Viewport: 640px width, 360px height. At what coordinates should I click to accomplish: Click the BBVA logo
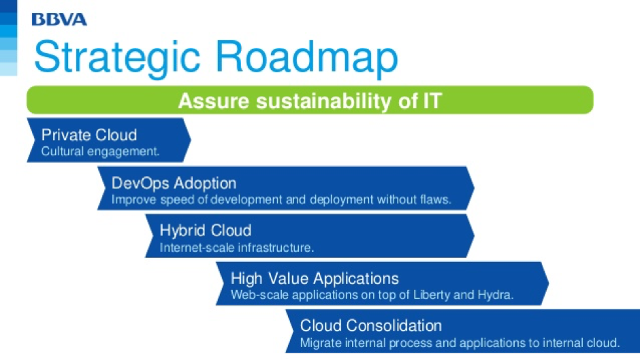click(59, 19)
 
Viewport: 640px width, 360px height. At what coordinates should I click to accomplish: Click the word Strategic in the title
click(118, 58)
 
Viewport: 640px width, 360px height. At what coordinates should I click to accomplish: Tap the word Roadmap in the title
click(306, 58)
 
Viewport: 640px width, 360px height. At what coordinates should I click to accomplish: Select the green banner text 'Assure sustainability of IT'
click(310, 101)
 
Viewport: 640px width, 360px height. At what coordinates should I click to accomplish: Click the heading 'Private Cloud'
click(89, 135)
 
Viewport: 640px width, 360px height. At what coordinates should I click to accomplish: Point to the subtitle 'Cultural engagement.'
click(100, 152)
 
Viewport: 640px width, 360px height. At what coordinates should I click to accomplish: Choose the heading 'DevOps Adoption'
click(174, 183)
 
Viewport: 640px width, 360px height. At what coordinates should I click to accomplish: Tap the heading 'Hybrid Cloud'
click(206, 231)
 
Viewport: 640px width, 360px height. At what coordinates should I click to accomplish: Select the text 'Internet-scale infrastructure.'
click(237, 247)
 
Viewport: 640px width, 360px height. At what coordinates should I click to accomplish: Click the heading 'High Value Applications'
click(315, 278)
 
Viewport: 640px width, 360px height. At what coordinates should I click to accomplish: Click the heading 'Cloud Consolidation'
click(371, 326)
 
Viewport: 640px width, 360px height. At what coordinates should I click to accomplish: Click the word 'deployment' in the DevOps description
click(341, 199)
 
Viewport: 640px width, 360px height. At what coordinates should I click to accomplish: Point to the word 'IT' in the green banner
click(432, 101)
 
